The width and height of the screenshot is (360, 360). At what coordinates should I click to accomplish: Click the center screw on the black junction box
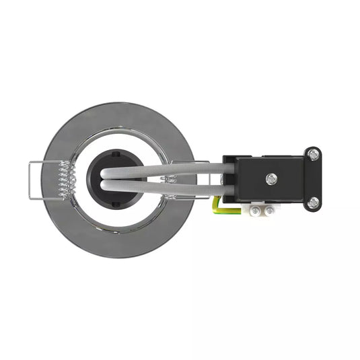click(271, 178)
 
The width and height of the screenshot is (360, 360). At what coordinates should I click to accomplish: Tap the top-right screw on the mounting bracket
click(313, 154)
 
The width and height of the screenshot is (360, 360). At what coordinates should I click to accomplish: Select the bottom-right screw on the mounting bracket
click(313, 202)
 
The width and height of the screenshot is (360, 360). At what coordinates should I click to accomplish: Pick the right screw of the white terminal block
click(269, 211)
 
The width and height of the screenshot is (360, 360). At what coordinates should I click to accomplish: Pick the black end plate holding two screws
click(312, 178)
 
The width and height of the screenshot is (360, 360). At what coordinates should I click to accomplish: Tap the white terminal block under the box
click(263, 211)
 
